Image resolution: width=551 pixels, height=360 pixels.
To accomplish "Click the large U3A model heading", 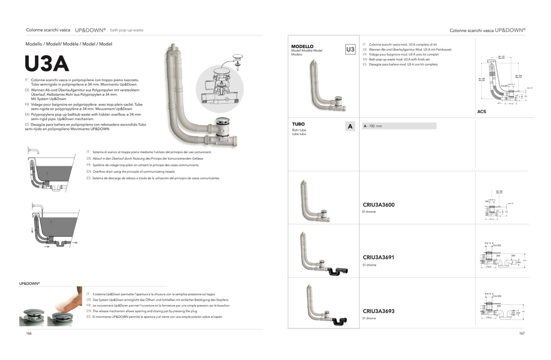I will coord(47,64).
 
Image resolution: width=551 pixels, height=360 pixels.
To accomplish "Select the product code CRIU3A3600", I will coord(378,205).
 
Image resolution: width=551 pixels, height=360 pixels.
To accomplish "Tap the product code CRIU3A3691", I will coord(378,257).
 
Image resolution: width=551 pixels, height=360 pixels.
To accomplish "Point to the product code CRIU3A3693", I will coord(378,311).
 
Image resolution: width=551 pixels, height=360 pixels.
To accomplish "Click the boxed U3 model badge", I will coord(350,49).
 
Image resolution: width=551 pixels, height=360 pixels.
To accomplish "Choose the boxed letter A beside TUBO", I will coord(350,126).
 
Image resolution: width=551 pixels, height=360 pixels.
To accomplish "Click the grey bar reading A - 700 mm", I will coord(399,126).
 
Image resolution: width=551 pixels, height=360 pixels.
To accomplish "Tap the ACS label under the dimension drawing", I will coord(481,112).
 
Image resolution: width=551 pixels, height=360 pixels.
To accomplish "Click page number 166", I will coord(29,333).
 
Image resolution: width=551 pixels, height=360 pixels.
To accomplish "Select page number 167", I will coord(522,333).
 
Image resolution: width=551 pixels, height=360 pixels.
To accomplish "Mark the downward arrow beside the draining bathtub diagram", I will coord(32,231).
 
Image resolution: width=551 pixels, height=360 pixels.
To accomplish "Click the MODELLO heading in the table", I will coord(302,46).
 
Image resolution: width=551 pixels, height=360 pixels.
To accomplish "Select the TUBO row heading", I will coord(298,124).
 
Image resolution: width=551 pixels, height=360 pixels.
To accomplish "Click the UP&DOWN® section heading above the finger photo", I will coord(29,284).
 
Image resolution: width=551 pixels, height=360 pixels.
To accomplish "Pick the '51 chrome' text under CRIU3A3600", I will coord(369,212).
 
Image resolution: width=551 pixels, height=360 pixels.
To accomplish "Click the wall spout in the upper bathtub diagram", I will coord(34,150).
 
